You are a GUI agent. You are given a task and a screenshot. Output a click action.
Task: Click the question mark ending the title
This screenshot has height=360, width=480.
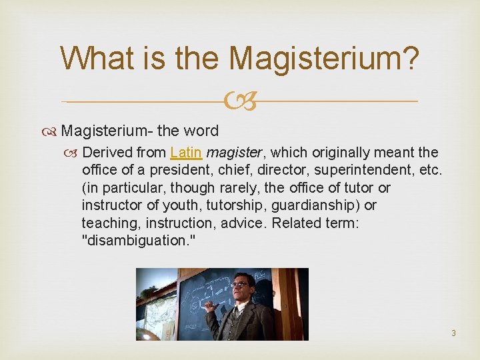click(x=411, y=58)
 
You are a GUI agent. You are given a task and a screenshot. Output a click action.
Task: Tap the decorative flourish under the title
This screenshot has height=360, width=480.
click(x=240, y=102)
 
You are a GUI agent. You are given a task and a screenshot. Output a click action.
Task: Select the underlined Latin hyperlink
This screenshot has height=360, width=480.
click(x=185, y=153)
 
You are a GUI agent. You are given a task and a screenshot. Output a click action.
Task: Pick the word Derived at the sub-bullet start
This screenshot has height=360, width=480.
click(x=107, y=153)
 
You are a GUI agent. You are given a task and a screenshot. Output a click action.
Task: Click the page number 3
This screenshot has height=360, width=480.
click(x=453, y=333)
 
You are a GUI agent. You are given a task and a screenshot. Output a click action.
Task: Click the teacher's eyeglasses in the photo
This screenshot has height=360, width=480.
click(x=239, y=285)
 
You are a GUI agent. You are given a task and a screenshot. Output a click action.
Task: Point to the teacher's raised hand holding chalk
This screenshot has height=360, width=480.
click(x=211, y=307)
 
